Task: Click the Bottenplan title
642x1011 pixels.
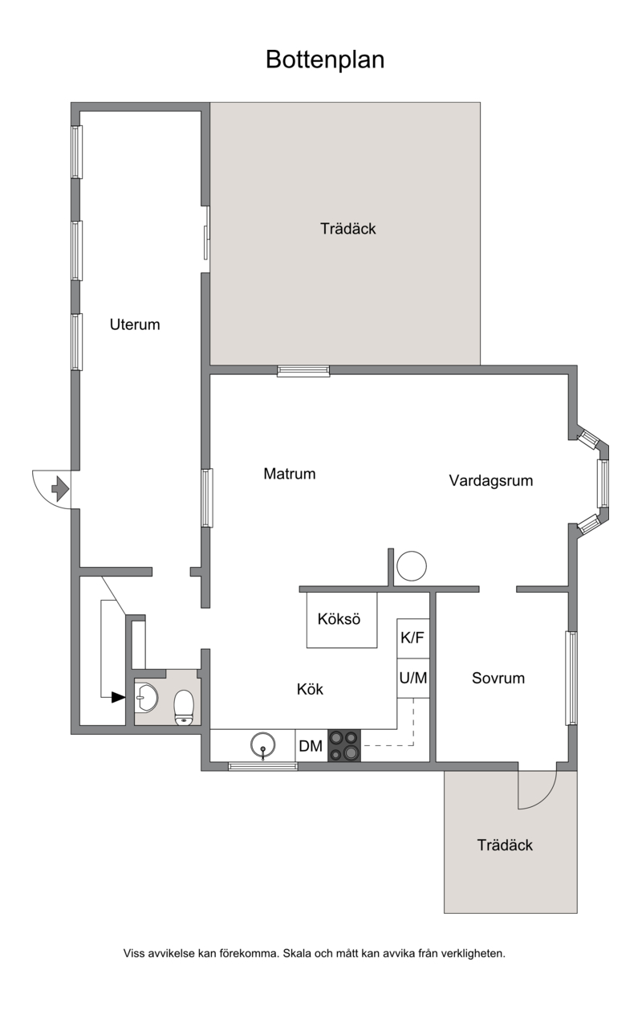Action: (x=325, y=59)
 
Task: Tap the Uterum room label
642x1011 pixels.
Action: (x=135, y=324)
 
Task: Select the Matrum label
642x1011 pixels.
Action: (x=290, y=474)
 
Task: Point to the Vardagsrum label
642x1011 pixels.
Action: (x=491, y=481)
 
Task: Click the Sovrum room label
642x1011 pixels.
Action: (x=498, y=678)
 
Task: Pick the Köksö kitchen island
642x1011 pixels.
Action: (x=342, y=620)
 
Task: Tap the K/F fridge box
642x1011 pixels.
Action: (x=412, y=638)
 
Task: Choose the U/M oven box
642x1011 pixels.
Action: (x=412, y=678)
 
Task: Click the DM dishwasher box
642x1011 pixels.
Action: (x=311, y=745)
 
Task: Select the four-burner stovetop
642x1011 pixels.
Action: (x=344, y=745)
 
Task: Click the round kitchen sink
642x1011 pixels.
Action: (x=263, y=745)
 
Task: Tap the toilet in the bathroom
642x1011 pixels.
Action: (x=184, y=707)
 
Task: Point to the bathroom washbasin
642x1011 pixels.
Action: (x=146, y=698)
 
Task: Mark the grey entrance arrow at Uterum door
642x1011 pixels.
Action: (x=60, y=488)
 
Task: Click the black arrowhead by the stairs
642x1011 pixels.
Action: (x=118, y=697)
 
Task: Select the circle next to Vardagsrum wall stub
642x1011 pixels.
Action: (x=412, y=566)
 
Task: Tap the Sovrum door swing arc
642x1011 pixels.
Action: (x=546, y=799)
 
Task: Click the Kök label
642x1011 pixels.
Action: (x=310, y=689)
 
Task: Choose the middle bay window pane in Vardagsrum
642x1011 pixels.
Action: (x=603, y=483)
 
